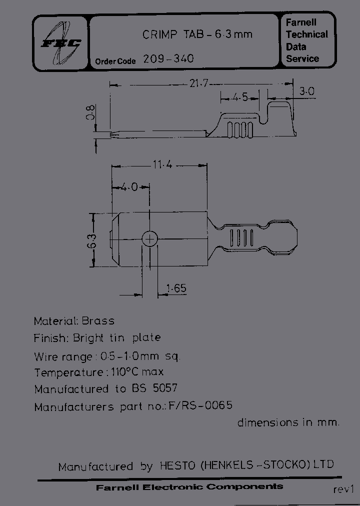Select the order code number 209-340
pos(168,58)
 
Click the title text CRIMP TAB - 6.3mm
pos(197,34)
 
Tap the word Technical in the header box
pos(306,34)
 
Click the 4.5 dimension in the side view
pos(240,97)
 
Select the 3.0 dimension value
pos(306,91)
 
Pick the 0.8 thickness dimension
pos(90,112)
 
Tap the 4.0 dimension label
pos(129,187)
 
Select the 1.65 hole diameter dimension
pos(176,288)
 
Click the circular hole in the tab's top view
pos(149,239)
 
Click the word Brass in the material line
pos(98,321)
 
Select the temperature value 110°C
pos(127,372)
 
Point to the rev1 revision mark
pos(343,489)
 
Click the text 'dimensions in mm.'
pos(288,422)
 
